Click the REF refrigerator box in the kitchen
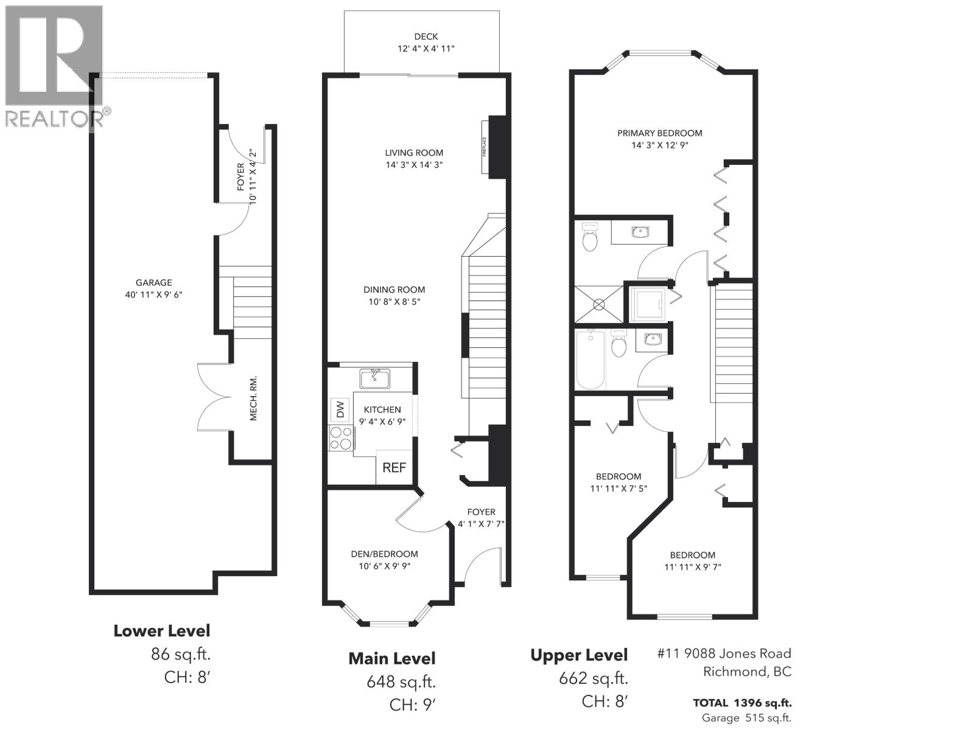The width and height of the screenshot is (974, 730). tap(394, 467)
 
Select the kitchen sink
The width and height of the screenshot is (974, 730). tap(375, 378)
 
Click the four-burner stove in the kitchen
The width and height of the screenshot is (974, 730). tap(341, 438)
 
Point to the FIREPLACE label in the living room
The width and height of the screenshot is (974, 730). tap(484, 147)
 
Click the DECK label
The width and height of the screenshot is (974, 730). tap(426, 36)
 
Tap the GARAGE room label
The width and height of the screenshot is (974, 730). tap(153, 282)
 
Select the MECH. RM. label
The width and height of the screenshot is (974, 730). tap(253, 398)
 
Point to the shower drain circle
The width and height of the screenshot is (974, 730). tap(599, 305)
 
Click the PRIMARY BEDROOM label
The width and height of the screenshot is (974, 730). tap(659, 133)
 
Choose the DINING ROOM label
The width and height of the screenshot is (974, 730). tap(394, 290)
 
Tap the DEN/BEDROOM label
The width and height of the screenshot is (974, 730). tap(384, 554)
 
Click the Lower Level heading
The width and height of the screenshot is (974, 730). tap(162, 631)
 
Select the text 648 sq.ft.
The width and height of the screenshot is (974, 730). tap(401, 681)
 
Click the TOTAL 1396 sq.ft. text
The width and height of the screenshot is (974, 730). tap(742, 703)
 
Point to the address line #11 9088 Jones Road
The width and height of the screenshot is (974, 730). tap(724, 653)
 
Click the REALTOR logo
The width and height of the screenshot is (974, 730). tap(55, 66)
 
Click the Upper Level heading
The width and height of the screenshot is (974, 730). tap(579, 655)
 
